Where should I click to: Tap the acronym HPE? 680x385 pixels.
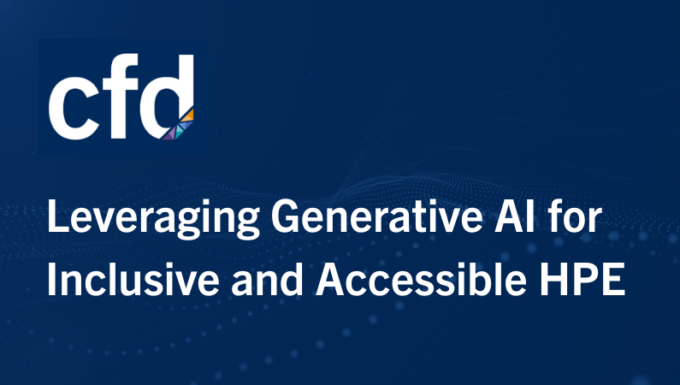pyautogui.click(x=582, y=279)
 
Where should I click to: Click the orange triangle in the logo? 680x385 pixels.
pyautogui.click(x=188, y=115)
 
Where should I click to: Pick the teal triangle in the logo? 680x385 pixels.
pyautogui.click(x=179, y=133)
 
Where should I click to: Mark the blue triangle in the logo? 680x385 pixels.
pyautogui.click(x=186, y=125)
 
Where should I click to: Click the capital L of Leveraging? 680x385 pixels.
pyautogui.click(x=58, y=216)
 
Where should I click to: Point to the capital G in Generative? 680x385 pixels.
pyautogui.click(x=286, y=216)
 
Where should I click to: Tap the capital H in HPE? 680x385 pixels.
pyautogui.click(x=553, y=279)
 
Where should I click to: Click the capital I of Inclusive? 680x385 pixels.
pyautogui.click(x=51, y=279)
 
